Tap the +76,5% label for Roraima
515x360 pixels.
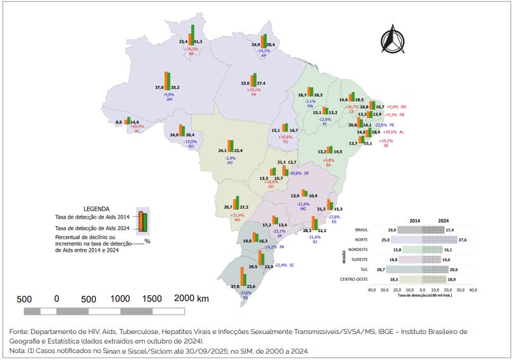click(x=191, y=49)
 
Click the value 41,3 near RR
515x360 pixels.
click(x=198, y=41)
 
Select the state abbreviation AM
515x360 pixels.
click(x=169, y=100)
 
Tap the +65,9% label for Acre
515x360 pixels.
click(x=137, y=127)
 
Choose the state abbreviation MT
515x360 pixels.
click(x=231, y=163)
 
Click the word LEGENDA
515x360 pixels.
click(x=96, y=208)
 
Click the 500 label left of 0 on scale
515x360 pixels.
click(x=25, y=299)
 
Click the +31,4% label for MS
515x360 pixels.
click(x=238, y=215)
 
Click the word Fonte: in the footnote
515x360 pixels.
click(x=21, y=331)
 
